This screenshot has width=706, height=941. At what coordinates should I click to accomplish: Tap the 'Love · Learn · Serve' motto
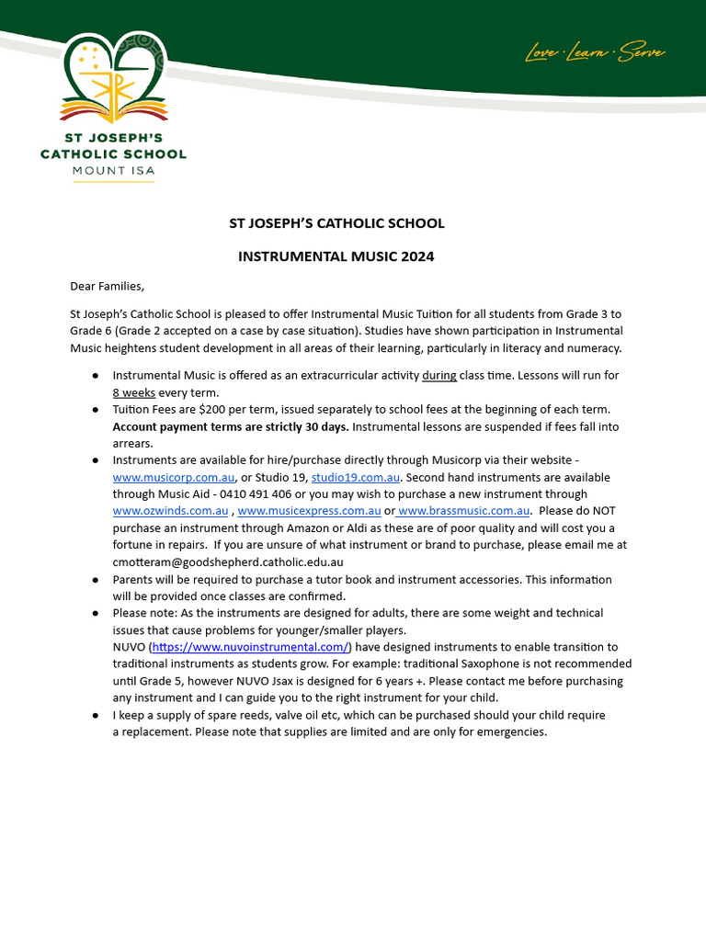tap(595, 53)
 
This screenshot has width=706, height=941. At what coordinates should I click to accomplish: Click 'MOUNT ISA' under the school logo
tap(113, 171)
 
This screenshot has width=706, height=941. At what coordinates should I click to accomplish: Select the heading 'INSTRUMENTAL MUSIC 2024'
tap(336, 256)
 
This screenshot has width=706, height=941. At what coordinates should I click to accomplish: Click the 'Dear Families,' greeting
tap(108, 286)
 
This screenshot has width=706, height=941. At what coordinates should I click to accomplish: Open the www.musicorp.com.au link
tap(174, 478)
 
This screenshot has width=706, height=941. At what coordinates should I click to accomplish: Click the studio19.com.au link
tap(355, 478)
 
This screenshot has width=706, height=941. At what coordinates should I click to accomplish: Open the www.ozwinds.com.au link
tap(170, 511)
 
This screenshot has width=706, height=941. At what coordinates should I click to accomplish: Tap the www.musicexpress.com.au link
tap(309, 511)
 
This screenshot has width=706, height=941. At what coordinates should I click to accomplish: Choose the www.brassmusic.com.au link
tap(464, 511)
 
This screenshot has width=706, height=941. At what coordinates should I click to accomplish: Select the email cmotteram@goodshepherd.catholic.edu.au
tap(228, 561)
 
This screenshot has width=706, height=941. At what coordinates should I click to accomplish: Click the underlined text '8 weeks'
tap(133, 392)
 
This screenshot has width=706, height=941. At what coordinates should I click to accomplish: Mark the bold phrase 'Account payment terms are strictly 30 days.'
tap(230, 426)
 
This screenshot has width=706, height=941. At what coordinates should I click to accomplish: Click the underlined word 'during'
tap(438, 376)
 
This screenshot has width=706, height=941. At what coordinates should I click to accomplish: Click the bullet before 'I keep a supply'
tap(96, 715)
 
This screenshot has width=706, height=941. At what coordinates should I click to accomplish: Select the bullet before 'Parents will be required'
tap(96, 580)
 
